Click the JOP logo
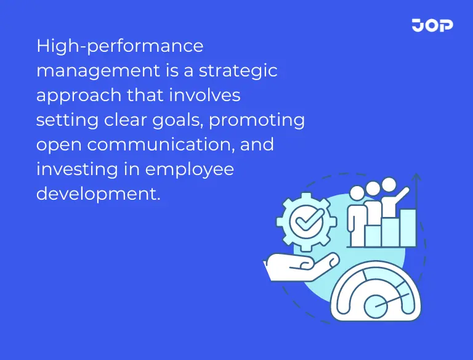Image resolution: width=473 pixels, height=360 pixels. (432, 25)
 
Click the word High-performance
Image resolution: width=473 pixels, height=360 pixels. (119, 46)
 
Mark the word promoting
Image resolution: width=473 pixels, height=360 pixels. (257, 120)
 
